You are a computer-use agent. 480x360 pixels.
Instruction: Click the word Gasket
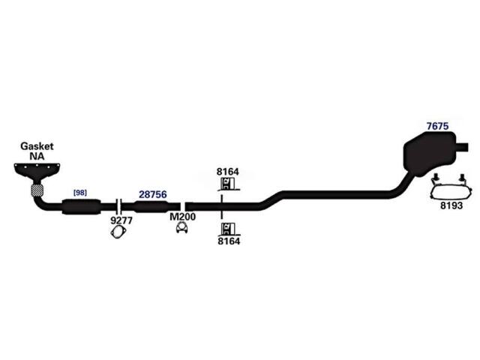(x=37, y=146)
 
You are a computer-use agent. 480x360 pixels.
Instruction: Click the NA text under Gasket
(x=37, y=157)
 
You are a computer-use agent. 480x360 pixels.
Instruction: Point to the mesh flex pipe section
(x=37, y=190)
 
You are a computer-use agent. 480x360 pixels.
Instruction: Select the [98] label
(x=80, y=193)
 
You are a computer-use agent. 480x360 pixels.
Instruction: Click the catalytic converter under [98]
(x=82, y=207)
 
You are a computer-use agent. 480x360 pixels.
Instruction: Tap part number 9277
(x=121, y=220)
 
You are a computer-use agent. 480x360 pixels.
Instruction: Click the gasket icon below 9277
(x=118, y=232)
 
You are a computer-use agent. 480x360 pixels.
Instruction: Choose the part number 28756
(x=153, y=194)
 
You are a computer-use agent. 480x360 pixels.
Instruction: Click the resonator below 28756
(x=151, y=207)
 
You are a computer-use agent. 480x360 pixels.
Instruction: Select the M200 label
(x=182, y=217)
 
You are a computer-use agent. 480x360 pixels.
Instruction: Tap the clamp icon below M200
(x=182, y=228)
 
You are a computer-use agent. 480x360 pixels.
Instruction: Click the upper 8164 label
(x=228, y=172)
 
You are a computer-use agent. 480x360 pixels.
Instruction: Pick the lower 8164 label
(x=229, y=241)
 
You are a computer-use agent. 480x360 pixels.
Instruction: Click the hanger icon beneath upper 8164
(x=228, y=184)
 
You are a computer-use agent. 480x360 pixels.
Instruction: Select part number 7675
(x=437, y=126)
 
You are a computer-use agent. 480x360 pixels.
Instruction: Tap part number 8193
(x=451, y=205)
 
